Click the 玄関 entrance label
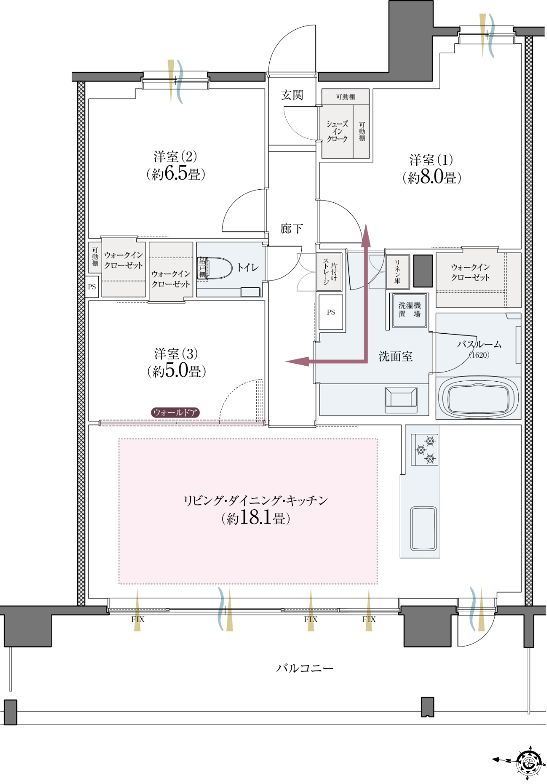[292, 95]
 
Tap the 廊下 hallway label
[291, 229]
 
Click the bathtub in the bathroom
[478, 398]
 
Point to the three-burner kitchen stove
[425, 449]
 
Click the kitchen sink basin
[423, 529]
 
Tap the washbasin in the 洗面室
[401, 400]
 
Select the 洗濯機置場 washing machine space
[410, 310]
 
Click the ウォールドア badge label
[175, 412]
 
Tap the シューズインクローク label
[337, 131]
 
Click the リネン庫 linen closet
[397, 272]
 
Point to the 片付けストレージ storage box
[329, 272]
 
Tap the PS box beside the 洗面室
[330, 312]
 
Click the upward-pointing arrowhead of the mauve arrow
[366, 232]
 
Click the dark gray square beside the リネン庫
[423, 271]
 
